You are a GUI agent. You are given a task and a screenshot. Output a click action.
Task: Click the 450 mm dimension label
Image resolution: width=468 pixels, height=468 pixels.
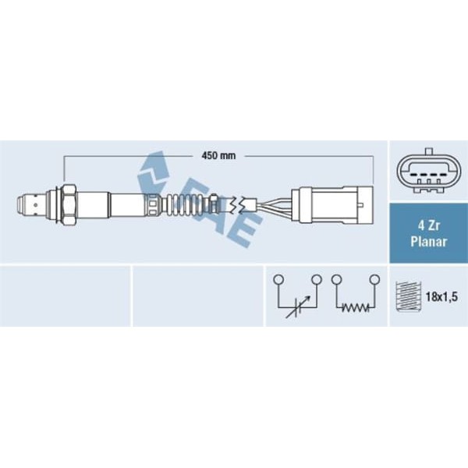pos(218,155)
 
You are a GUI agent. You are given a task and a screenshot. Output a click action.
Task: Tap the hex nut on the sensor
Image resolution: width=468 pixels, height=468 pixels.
pos(69,204)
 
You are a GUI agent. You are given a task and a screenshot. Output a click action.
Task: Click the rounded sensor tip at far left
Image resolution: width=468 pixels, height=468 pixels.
pos(24,204)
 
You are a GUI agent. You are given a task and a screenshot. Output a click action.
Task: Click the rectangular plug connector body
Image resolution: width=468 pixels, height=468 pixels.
pos(332,204)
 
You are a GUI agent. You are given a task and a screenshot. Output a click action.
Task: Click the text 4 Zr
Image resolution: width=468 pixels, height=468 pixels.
pos(428,226)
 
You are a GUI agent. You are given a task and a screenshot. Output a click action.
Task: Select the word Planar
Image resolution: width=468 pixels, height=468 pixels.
pos(428,242)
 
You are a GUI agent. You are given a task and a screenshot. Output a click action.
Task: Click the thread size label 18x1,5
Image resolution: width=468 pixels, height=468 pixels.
pos(441,296)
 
